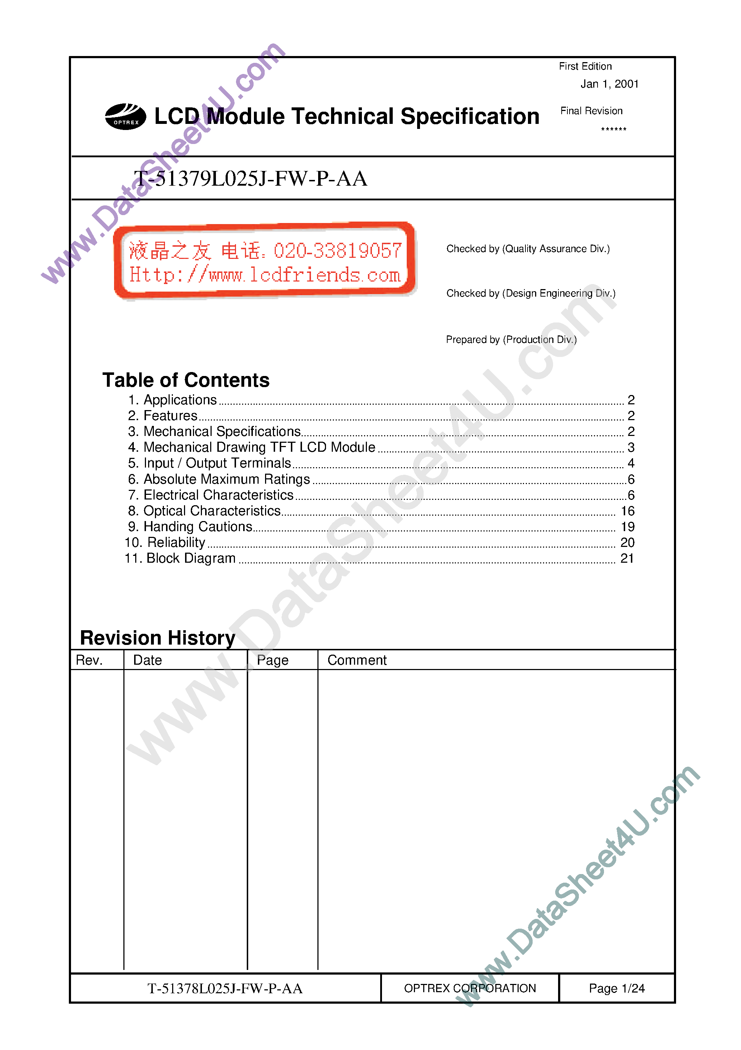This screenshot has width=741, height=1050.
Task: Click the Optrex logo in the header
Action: click(x=126, y=117)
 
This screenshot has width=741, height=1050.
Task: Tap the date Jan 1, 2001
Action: click(x=609, y=84)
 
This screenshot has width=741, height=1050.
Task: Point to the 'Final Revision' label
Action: click(x=591, y=111)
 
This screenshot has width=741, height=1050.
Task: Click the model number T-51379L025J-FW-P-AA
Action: click(x=250, y=179)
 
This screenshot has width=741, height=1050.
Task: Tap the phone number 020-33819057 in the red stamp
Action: click(x=337, y=251)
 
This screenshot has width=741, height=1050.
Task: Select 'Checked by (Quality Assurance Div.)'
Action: click(x=528, y=249)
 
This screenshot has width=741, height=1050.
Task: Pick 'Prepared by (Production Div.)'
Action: click(x=511, y=339)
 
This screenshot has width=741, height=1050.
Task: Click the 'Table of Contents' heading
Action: click(x=186, y=380)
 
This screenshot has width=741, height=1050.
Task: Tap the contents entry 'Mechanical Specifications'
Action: click(x=222, y=431)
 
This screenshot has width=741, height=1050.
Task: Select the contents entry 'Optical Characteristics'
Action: click(x=212, y=511)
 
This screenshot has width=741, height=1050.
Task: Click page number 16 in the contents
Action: click(x=627, y=511)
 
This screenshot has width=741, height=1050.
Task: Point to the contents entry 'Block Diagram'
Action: click(x=190, y=558)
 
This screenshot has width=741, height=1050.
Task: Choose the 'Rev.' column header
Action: click(x=89, y=660)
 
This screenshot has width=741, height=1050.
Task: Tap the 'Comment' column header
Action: click(x=357, y=660)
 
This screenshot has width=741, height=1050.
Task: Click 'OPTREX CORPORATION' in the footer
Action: click(x=469, y=988)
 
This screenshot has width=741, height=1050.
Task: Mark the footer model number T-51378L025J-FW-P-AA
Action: click(x=225, y=989)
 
